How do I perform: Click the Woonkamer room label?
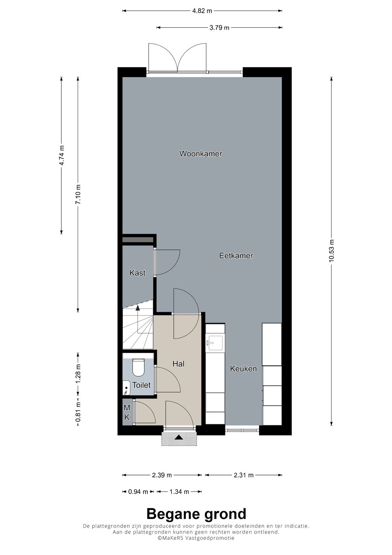[x=201, y=154]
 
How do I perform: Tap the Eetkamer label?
[x=236, y=256]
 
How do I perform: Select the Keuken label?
[x=243, y=369]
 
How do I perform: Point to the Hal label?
[x=179, y=364]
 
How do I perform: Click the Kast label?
[x=137, y=273]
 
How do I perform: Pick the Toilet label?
[x=141, y=385]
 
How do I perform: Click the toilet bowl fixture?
[x=139, y=367]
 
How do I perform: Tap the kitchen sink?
[x=215, y=343]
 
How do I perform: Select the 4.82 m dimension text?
[x=202, y=11]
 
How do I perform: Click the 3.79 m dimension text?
[x=219, y=28]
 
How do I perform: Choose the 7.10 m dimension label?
[x=78, y=194]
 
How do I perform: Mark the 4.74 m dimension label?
[x=61, y=155]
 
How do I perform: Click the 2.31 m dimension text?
[x=244, y=475]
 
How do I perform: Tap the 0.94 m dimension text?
[x=138, y=491]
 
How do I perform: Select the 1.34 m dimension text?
[x=179, y=491]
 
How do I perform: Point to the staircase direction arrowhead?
[x=137, y=307]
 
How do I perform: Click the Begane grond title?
[x=196, y=514]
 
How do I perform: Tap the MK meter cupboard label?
[x=127, y=412]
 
